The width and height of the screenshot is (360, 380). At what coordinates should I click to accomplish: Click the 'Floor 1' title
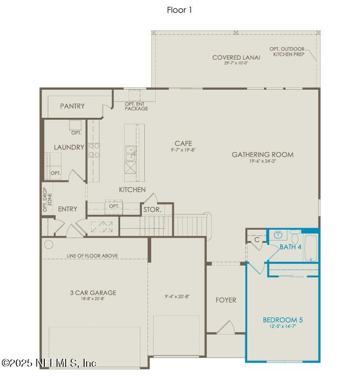[x=180, y=10]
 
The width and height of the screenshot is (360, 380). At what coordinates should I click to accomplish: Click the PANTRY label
[x=72, y=106]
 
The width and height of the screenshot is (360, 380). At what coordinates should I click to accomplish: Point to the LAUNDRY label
[x=69, y=147]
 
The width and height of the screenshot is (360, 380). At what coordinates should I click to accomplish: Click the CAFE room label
[x=183, y=143]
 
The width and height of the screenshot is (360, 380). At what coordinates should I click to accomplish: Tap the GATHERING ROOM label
[x=262, y=154]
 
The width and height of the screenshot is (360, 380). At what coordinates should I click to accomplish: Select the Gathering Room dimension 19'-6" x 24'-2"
[x=262, y=161]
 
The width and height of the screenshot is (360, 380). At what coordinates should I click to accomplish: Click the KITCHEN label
[x=132, y=189]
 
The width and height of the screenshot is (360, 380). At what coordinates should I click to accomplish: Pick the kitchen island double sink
[x=130, y=154]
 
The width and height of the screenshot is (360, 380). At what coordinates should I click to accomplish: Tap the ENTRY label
[x=67, y=209]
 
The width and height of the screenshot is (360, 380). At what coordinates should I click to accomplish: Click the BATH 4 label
[x=290, y=246]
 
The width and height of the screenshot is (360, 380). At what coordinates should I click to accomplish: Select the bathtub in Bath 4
[x=311, y=249]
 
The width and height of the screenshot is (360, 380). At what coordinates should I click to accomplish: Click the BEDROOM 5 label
[x=283, y=320]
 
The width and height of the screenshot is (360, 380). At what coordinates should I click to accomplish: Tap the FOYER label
[x=226, y=300]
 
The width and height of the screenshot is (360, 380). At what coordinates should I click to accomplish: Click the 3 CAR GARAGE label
[x=93, y=292]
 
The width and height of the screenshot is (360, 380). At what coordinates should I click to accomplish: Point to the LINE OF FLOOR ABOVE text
[x=92, y=256]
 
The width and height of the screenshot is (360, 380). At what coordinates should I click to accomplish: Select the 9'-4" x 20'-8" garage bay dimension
[x=177, y=297]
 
